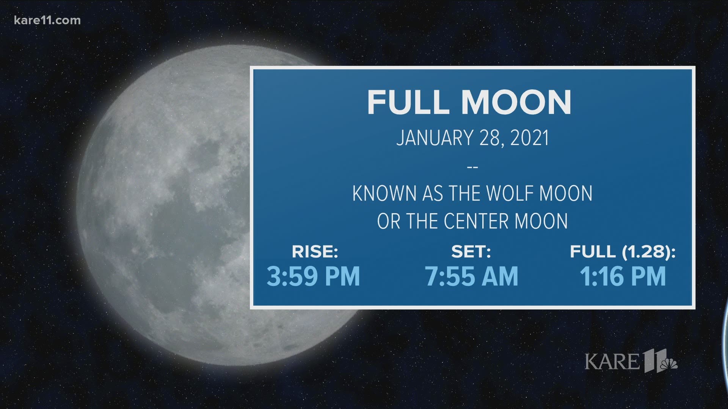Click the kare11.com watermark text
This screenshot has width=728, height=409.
[x=47, y=20]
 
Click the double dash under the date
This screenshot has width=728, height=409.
[x=472, y=167]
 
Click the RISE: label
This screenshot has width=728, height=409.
[x=315, y=252]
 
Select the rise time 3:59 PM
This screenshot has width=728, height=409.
[x=313, y=276]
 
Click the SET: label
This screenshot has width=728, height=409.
[x=471, y=252]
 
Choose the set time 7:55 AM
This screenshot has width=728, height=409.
[x=471, y=276]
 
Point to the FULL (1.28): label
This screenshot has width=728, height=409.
[x=623, y=252]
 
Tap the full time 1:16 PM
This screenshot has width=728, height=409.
[x=623, y=276]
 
